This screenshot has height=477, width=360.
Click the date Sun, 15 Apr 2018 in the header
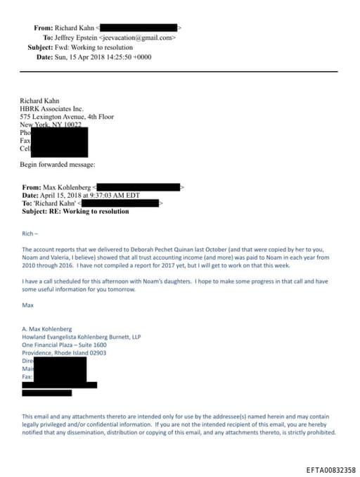point(79,56)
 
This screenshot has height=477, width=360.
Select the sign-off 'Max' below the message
point(27,305)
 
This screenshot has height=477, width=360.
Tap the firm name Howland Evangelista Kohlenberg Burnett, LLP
point(81,337)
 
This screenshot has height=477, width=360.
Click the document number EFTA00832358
point(330,469)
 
